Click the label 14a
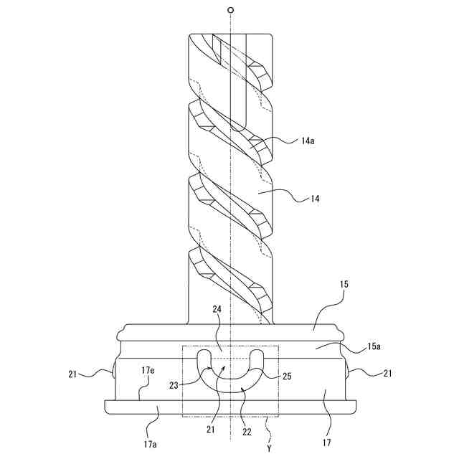pyautogui.click(x=308, y=141)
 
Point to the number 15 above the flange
pyautogui.click(x=344, y=285)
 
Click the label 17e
pyautogui.click(x=148, y=370)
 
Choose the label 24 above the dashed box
pyautogui.click(x=217, y=310)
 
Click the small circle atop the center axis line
pyautogui.click(x=230, y=10)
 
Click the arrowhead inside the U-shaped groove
pyautogui.click(x=224, y=366)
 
